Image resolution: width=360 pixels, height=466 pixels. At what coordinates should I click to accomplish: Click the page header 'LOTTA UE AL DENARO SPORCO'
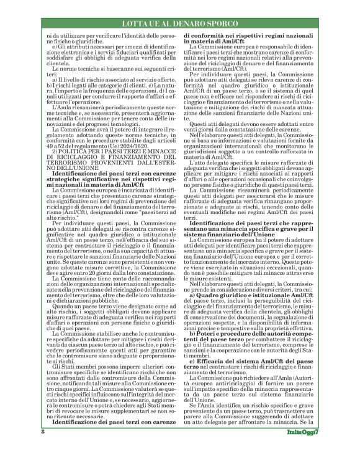coord(180,24)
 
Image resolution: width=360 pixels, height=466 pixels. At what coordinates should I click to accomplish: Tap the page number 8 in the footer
coord(42,448)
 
